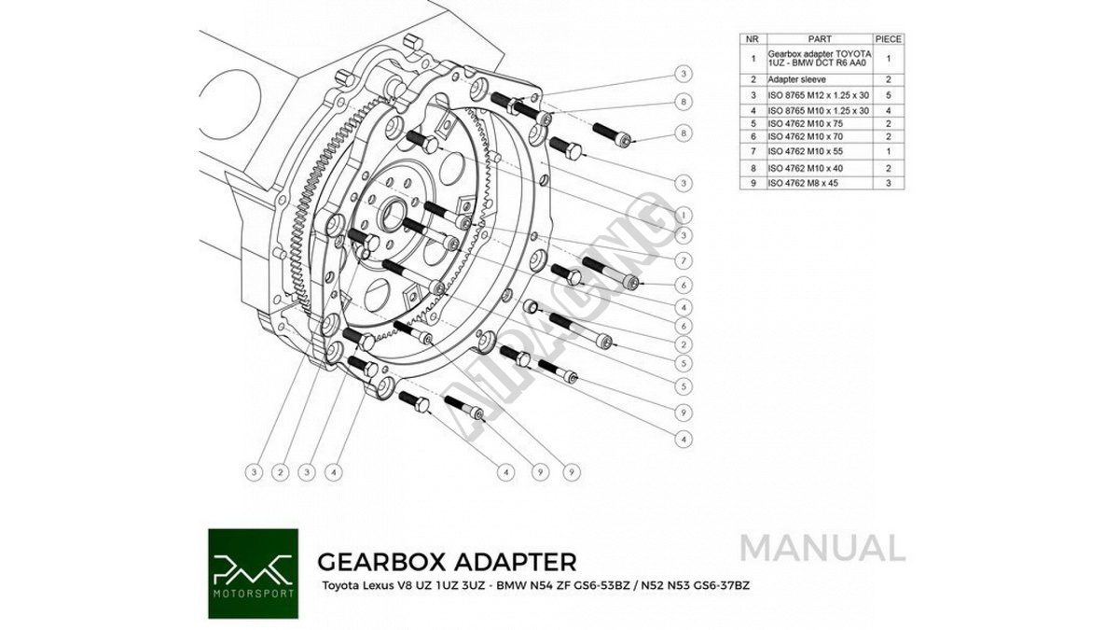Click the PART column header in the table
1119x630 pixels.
point(820,39)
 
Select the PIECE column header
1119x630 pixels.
point(889,39)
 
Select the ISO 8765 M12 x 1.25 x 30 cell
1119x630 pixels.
point(818,95)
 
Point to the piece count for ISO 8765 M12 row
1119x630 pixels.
point(889,95)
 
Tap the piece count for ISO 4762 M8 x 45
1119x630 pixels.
point(889,184)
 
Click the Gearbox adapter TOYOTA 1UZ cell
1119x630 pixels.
point(820,59)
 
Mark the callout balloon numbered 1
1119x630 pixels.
point(684,213)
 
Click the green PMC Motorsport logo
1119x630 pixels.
point(253,574)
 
